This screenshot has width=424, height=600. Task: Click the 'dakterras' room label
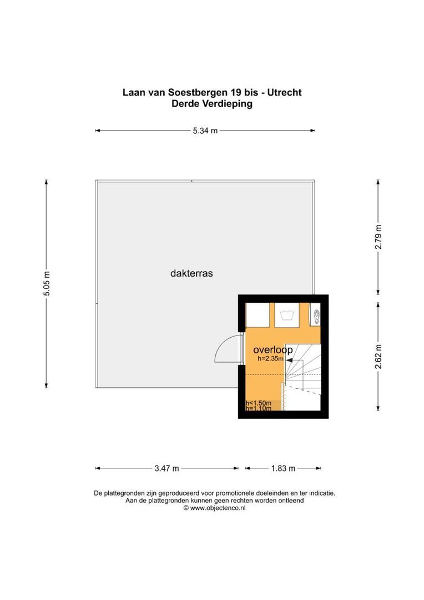[191, 273]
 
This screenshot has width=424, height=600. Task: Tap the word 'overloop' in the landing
[272, 350]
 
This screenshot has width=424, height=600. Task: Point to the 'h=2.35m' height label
[271, 359]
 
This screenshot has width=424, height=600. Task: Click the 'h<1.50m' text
[259, 403]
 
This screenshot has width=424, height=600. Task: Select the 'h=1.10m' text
[259, 409]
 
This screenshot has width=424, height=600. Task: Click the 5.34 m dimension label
[205, 131]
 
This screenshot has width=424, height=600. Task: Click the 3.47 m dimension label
[166, 468]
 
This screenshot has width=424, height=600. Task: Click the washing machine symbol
[287, 315]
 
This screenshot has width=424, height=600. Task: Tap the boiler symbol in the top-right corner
[316, 316]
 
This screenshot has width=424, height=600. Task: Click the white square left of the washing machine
[258, 316]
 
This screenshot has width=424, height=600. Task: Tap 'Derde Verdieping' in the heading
[212, 104]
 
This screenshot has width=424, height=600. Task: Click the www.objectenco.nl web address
[218, 508]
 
